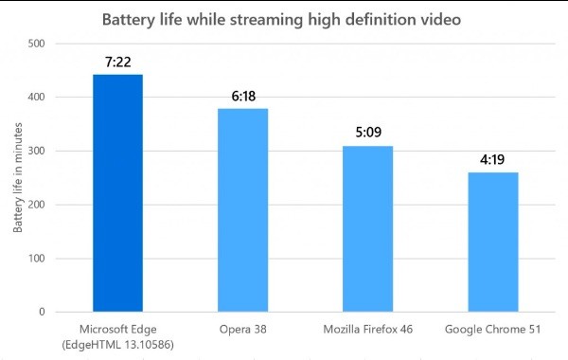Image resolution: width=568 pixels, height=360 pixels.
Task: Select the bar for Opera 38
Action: pyautogui.click(x=243, y=209)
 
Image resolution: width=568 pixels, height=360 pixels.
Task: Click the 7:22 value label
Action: pyautogui.click(x=117, y=62)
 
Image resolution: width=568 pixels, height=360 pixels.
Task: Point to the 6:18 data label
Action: pyautogui.click(x=243, y=96)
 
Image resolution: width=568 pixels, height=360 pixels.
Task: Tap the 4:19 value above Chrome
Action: pyautogui.click(x=493, y=159)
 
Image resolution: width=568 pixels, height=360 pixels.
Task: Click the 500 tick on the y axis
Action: pyautogui.click(x=36, y=44)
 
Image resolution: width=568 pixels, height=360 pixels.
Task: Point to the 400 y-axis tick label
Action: pyautogui.click(x=36, y=97)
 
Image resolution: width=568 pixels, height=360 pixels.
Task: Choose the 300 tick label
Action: pyautogui.click(x=36, y=151)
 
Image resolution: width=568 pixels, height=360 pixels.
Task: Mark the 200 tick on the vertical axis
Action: pyautogui.click(x=36, y=205)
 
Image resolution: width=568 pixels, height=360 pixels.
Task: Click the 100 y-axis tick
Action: pyautogui.click(x=36, y=259)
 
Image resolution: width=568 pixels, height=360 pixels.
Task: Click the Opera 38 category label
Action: pyautogui.click(x=243, y=329)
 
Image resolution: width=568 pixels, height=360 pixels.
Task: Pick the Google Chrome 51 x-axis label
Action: pyautogui.click(x=493, y=329)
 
